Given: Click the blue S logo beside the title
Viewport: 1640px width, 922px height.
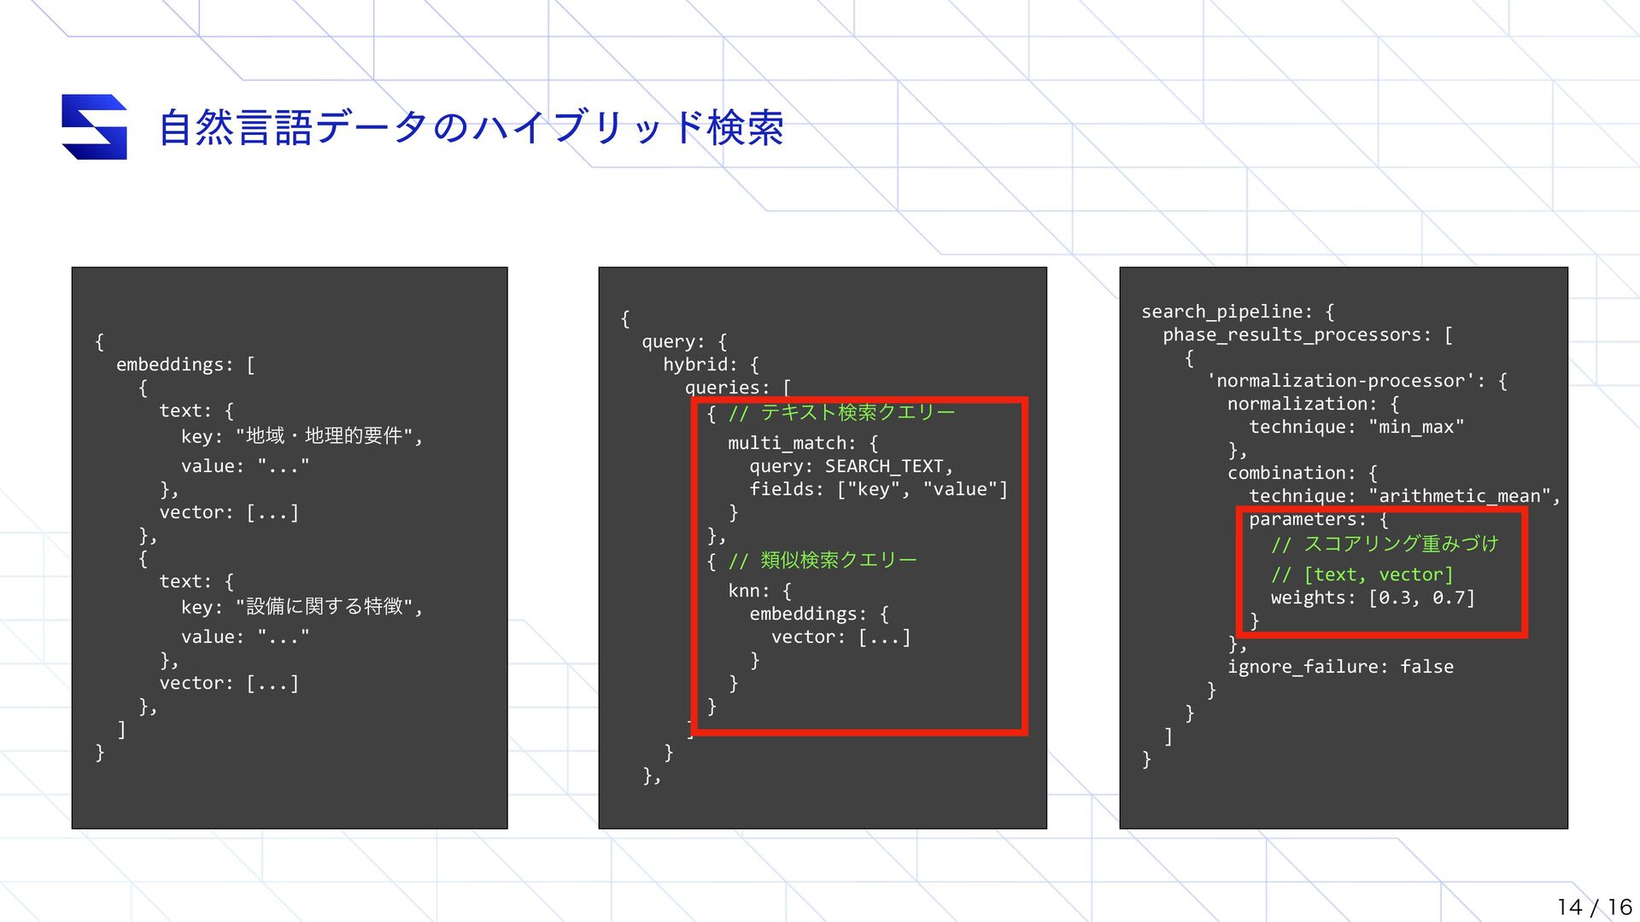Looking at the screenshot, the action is (x=95, y=127).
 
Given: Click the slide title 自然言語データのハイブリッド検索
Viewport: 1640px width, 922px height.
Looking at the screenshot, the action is (x=471, y=128).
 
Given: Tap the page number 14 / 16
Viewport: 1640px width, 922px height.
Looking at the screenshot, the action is (x=1594, y=907).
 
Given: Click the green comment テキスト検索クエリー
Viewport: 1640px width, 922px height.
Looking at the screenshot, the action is (x=857, y=413).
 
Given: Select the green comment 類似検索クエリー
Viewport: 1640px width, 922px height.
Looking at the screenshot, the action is (x=838, y=560).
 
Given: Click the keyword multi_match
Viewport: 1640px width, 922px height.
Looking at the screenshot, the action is (x=791, y=443).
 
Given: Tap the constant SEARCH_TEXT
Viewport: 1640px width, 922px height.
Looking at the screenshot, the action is (x=884, y=466).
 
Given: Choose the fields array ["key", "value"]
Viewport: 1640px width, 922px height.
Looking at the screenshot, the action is (x=922, y=489).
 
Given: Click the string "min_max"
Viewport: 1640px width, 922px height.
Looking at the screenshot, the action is (x=1416, y=427).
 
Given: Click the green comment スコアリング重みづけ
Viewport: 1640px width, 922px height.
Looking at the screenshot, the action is (x=1401, y=545).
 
